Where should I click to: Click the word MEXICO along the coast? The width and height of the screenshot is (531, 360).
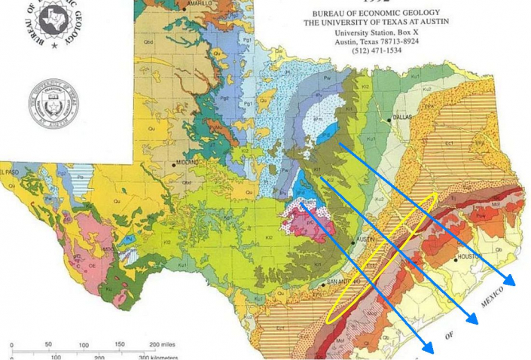tap(495, 300)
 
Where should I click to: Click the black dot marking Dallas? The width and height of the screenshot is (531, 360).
tap(389, 119)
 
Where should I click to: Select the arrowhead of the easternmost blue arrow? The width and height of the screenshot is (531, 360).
tap(511, 281)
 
